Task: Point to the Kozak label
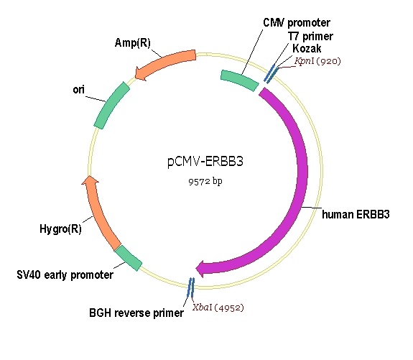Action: [306, 48]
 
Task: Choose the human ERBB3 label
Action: [356, 214]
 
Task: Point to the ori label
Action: [80, 91]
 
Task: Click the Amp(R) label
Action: [132, 42]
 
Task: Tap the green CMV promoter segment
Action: [239, 80]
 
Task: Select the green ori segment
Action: [111, 105]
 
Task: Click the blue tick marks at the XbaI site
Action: [190, 287]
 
